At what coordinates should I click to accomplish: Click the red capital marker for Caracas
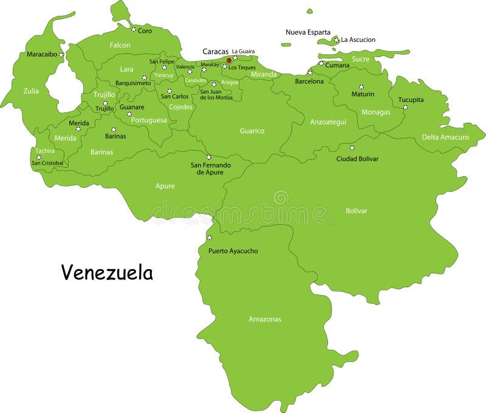pos(229,60)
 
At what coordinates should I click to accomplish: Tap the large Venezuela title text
pos(107,273)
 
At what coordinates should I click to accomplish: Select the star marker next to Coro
pos(134,29)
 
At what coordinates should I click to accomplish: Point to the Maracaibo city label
pos(42,54)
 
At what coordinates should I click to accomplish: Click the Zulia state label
pos(31,91)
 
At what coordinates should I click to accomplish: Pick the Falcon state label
pos(120,45)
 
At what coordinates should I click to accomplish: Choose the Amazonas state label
pos(265,319)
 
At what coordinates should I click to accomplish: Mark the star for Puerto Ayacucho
pos(210,237)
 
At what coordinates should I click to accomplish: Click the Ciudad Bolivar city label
pos(357,159)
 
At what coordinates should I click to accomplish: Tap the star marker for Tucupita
pos(405,108)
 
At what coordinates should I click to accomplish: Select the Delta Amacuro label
pos(445,137)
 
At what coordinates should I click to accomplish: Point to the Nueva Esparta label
pos(308,32)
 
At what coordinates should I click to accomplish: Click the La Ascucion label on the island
pos(358,40)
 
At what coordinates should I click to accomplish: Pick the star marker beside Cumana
pos(321,63)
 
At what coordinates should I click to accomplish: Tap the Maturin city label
pos(363,94)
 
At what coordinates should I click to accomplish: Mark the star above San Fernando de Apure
pos(208,157)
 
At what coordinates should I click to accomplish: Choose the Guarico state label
pos(252,131)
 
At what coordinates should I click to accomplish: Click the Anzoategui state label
pos(328,121)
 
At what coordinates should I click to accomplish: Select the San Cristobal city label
pos(47,163)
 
